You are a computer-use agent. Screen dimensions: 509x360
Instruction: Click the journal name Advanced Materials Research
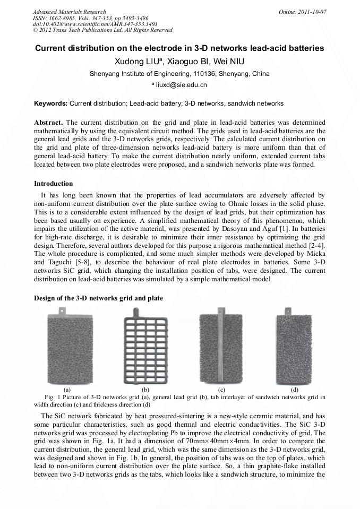tap(69, 12)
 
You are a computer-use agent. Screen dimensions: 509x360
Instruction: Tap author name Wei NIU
tap(229, 62)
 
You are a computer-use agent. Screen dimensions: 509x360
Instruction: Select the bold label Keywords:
tap(50, 103)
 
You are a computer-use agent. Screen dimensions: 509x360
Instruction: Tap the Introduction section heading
tap(53, 184)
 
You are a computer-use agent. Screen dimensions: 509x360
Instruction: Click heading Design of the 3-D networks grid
tap(98, 298)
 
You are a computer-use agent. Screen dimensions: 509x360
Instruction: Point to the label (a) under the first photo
tap(67, 390)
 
